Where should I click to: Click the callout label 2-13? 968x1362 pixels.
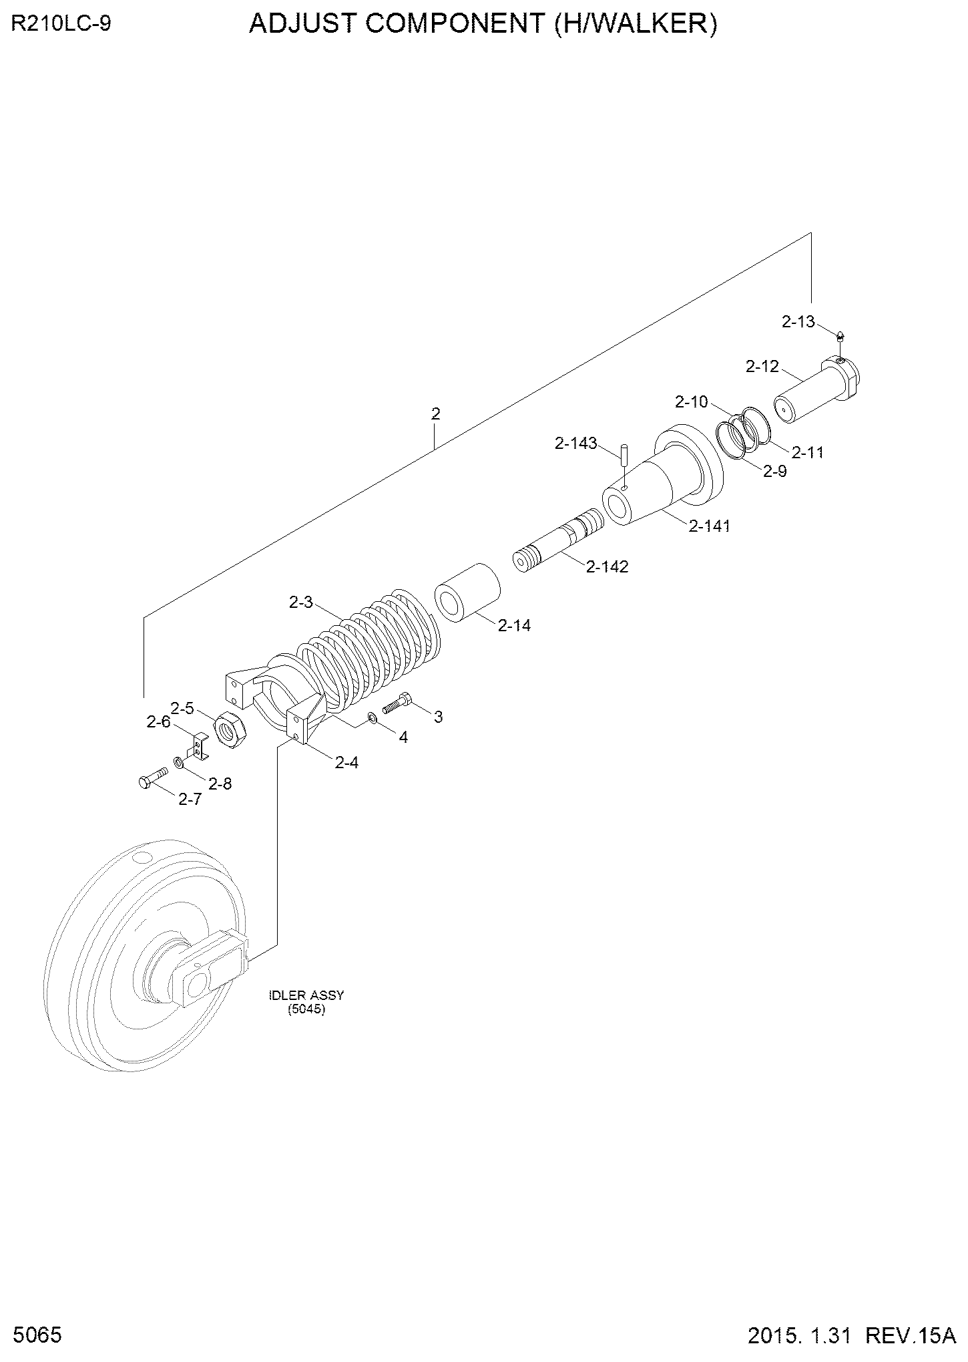click(x=798, y=322)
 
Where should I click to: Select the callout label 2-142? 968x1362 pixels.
click(x=607, y=567)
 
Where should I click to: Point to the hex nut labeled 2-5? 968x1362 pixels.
click(x=230, y=730)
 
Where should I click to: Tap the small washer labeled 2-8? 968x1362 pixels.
click(x=179, y=762)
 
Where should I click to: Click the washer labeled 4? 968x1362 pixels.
click(x=373, y=719)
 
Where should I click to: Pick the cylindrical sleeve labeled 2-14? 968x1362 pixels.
click(x=468, y=592)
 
